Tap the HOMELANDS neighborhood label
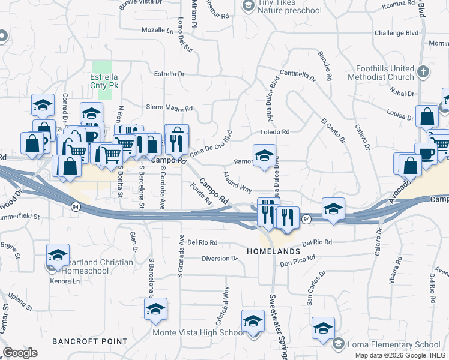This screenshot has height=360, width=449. (x=273, y=251)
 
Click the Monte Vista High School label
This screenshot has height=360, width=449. (x=199, y=333)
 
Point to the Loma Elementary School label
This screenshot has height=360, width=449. (x=394, y=344)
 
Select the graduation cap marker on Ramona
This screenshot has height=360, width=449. (x=264, y=156)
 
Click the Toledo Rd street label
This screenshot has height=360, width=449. (x=274, y=132)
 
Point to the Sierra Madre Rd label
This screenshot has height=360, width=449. (x=169, y=109)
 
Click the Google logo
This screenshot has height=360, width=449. (x=20, y=353)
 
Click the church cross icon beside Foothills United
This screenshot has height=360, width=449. (x=424, y=72)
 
